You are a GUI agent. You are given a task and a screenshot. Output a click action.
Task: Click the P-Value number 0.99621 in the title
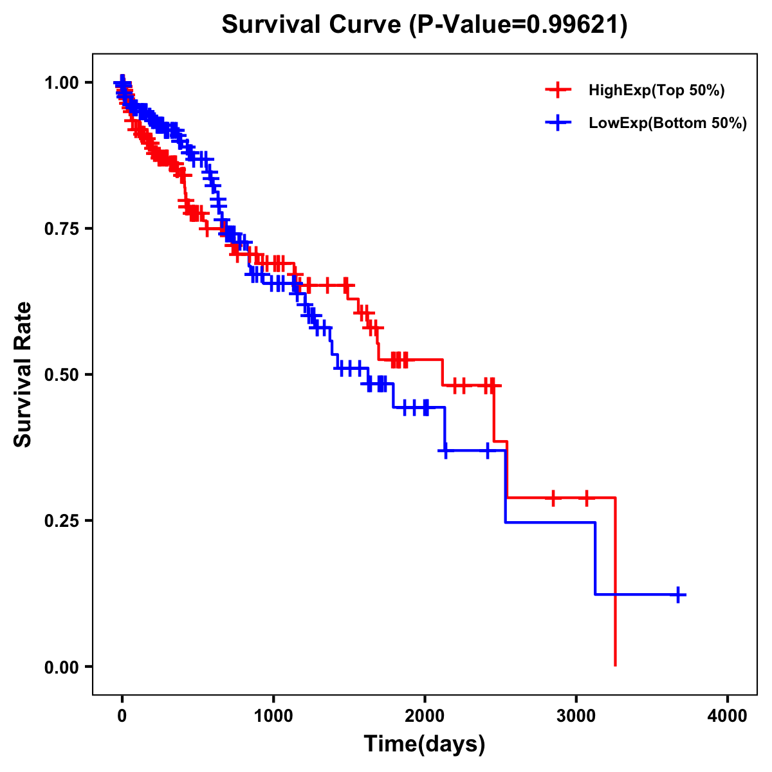(x=574, y=24)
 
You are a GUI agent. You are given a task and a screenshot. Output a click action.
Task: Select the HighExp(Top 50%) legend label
(x=656, y=91)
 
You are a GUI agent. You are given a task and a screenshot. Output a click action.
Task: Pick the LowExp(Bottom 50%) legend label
(x=668, y=124)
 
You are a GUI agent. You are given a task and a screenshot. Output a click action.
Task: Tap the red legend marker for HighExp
(x=558, y=91)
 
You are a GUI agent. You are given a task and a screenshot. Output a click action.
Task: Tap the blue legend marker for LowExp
(x=558, y=123)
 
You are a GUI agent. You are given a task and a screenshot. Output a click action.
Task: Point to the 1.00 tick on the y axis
(x=62, y=83)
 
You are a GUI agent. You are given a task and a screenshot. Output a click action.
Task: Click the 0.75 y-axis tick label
(x=62, y=229)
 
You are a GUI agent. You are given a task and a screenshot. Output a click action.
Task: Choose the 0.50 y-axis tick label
(x=62, y=375)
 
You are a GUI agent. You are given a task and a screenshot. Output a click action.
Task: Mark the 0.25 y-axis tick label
(x=62, y=521)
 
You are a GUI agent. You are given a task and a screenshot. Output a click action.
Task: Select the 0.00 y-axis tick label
(x=62, y=667)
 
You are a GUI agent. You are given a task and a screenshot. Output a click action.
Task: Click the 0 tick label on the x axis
(x=122, y=717)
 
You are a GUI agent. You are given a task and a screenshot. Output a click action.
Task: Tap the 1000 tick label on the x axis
(x=273, y=717)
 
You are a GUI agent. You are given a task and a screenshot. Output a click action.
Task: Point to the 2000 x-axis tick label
(x=425, y=717)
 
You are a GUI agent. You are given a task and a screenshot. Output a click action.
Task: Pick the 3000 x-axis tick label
(x=576, y=717)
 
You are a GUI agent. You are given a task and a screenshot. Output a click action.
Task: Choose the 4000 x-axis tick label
(x=728, y=717)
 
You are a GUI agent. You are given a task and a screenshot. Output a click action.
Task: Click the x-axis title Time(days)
(x=425, y=744)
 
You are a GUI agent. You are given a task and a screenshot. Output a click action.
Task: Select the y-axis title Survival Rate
(x=23, y=374)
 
